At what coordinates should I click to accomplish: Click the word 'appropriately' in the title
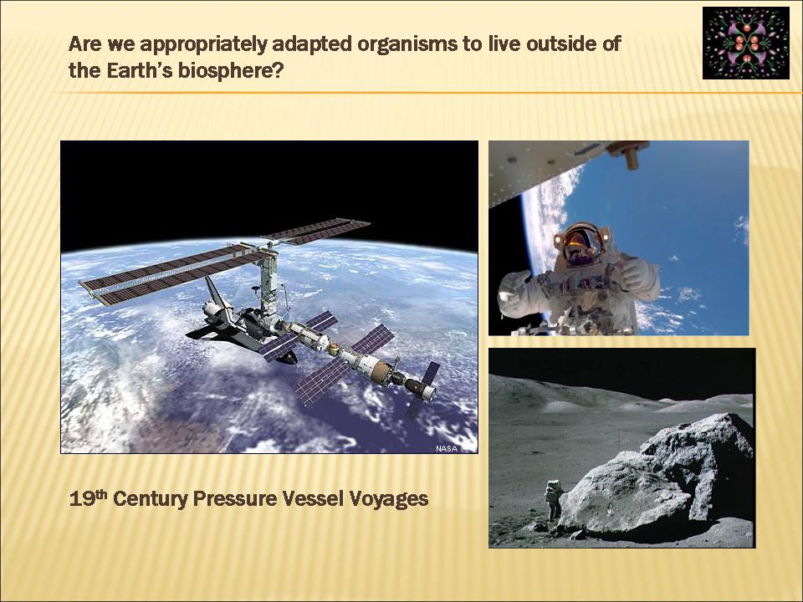(203, 44)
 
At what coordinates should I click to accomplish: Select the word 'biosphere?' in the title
(231, 70)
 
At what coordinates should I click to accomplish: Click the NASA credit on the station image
(446, 448)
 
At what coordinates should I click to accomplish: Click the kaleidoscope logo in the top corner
(745, 43)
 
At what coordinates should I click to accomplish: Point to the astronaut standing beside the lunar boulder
(554, 500)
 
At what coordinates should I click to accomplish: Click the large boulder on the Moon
(661, 476)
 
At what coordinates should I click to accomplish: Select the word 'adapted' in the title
(312, 44)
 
